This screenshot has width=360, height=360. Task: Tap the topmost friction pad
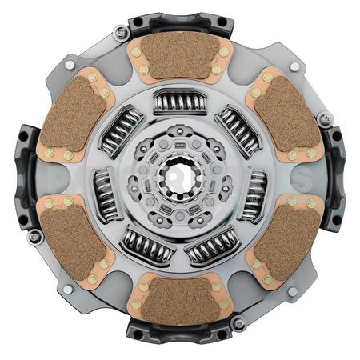[x=180, y=56]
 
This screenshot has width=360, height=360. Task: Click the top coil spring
[x=180, y=102]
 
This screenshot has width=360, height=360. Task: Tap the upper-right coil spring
[x=238, y=128]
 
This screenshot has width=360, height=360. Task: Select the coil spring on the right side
[x=254, y=194]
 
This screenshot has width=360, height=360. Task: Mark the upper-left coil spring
[x=121, y=130]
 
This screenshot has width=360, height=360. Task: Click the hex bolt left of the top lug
[x=121, y=33]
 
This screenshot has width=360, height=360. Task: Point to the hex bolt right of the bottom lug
[x=238, y=323]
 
